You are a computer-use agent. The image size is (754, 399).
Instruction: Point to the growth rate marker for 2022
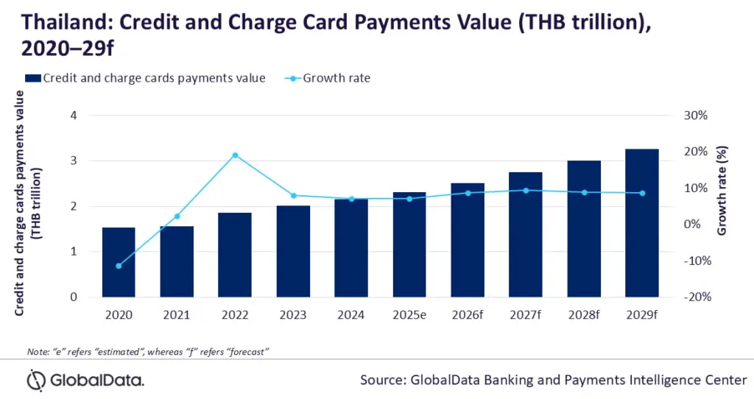(x=235, y=155)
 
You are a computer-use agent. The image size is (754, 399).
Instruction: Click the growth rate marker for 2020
(x=119, y=266)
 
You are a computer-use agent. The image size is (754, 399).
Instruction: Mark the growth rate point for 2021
(x=177, y=216)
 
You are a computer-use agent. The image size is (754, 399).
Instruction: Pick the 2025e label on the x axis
(x=409, y=314)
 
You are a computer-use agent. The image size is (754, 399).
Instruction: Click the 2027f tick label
(x=526, y=314)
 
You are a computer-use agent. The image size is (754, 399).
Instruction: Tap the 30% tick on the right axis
(x=695, y=116)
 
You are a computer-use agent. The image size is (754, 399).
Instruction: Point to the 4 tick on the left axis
(x=73, y=116)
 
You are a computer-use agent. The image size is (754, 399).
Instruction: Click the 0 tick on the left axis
(x=73, y=297)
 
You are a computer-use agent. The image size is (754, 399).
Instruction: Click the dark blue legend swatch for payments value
(x=32, y=77)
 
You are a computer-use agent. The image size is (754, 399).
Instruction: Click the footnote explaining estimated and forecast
(x=147, y=350)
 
